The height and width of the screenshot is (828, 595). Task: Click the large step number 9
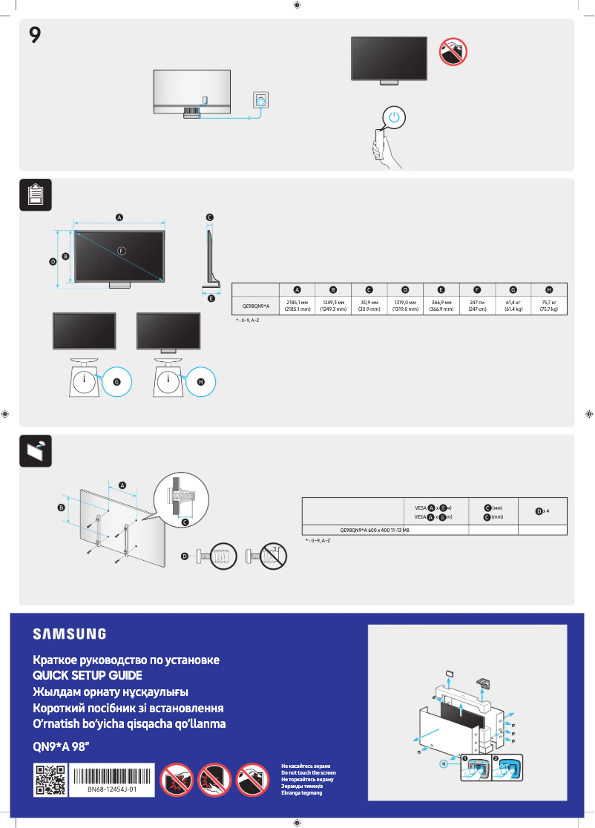click(34, 34)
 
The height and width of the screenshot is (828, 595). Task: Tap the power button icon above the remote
click(395, 117)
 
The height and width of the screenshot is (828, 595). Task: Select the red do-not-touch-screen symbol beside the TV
click(452, 50)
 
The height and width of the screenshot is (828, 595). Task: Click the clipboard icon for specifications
click(35, 195)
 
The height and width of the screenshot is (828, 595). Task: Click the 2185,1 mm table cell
click(297, 306)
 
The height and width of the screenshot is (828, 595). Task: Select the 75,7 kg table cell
click(549, 306)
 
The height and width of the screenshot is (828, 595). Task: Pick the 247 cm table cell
click(477, 306)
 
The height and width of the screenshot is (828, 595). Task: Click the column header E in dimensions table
click(441, 289)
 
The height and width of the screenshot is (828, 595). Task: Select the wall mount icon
click(35, 450)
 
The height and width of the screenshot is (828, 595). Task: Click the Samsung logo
click(69, 634)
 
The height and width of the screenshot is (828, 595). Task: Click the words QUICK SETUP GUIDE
click(87, 675)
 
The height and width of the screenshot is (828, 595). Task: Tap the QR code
click(50, 780)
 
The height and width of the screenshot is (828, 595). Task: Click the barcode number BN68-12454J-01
click(113, 790)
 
